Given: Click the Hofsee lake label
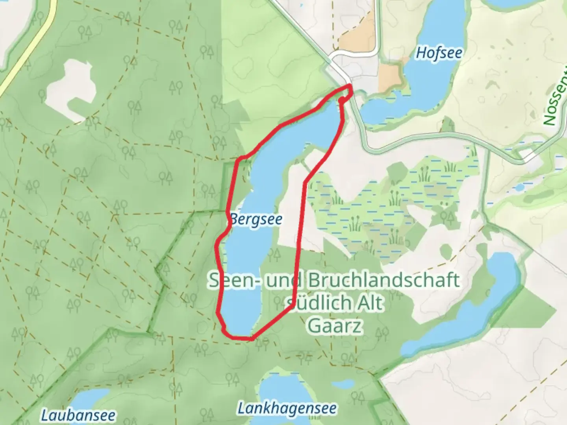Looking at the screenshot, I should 439,53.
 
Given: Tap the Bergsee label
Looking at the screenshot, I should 256,219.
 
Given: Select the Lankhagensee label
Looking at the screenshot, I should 287,408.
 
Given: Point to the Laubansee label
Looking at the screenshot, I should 79,415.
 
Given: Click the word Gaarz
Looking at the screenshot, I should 334,325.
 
